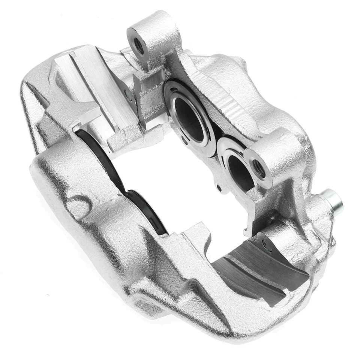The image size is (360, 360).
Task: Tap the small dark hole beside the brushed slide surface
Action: (x=129, y=96)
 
